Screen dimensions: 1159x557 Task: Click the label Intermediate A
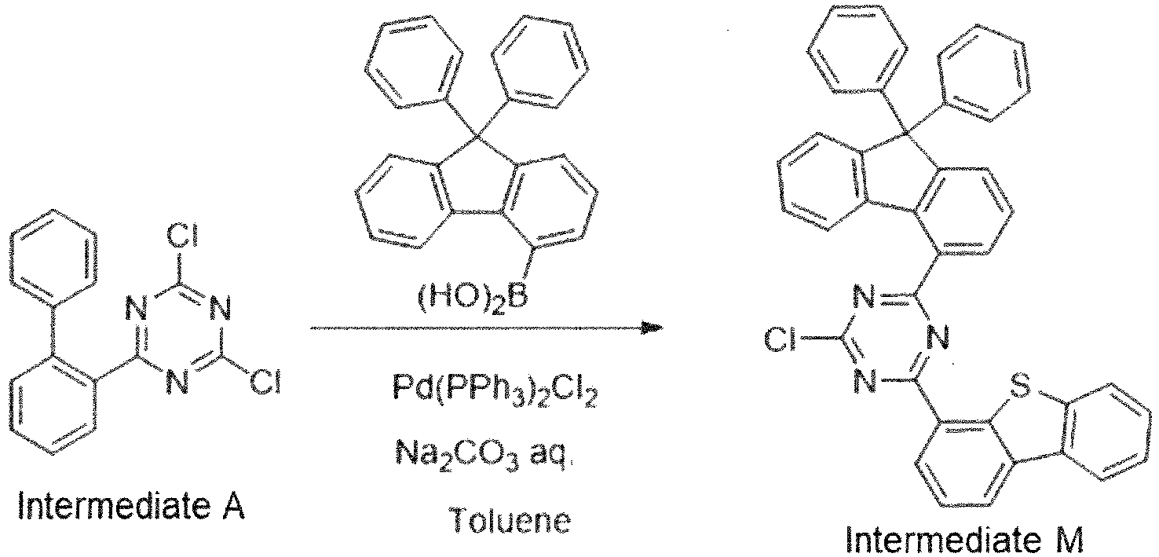131,506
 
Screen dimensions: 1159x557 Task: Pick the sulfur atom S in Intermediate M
1020,387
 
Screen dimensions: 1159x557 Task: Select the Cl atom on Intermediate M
781,340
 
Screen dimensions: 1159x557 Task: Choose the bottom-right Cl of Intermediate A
265,383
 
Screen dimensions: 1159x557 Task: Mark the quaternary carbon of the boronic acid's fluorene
477,137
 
